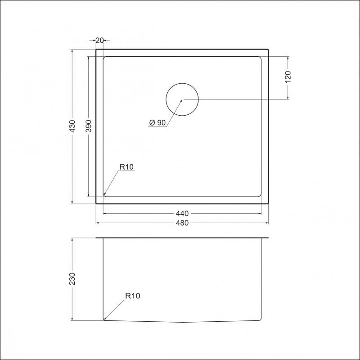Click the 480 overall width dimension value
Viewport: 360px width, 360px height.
tap(182, 223)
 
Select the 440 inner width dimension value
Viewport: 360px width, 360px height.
tap(182, 213)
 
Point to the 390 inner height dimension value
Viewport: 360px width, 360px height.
tap(89, 126)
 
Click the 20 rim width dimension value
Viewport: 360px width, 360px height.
tap(100, 40)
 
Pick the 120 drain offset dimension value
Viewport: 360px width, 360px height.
tap(288, 76)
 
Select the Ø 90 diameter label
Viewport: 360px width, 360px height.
tap(157, 122)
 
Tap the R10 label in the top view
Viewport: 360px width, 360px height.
tap(126, 167)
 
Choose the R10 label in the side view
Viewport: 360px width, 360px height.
tap(133, 296)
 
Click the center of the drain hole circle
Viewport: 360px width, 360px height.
tap(182, 99)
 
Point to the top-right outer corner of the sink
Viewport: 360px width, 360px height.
tap(269, 49)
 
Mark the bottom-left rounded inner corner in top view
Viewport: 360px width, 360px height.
tap(105, 195)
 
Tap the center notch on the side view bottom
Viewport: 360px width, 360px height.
tap(182, 322)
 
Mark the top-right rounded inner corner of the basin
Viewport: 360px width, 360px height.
tap(260, 58)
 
